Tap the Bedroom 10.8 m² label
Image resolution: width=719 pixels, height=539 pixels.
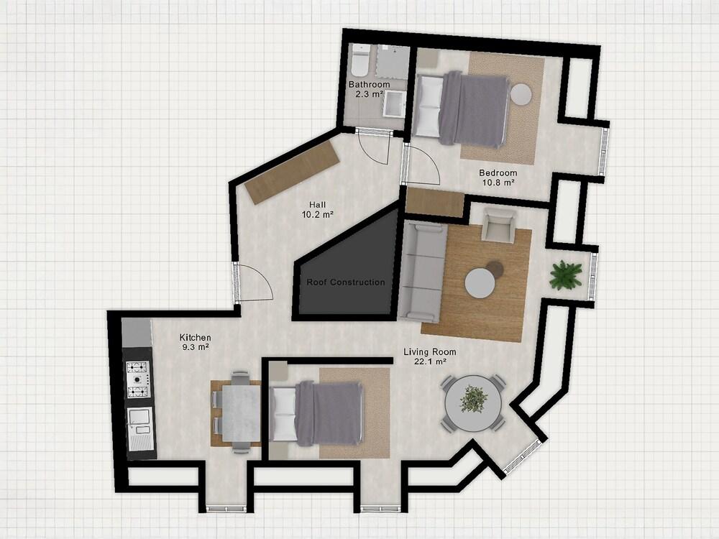(x=498, y=178)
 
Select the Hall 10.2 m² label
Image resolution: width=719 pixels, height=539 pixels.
(x=317, y=209)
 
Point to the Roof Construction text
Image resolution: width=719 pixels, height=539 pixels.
(x=345, y=282)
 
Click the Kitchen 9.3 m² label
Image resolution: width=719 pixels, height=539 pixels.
(x=195, y=342)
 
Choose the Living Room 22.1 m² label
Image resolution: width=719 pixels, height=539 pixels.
(x=430, y=356)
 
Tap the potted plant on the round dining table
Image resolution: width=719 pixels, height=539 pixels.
(x=474, y=400)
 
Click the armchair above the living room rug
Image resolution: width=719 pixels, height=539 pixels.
(x=499, y=225)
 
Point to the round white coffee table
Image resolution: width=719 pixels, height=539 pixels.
(x=480, y=283)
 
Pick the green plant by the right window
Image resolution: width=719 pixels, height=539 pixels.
(x=566, y=275)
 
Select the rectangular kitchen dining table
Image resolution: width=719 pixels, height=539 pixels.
(x=240, y=413)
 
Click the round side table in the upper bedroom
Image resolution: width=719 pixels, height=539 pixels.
(x=521, y=94)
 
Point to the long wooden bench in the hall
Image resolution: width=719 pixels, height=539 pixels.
(x=293, y=172)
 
